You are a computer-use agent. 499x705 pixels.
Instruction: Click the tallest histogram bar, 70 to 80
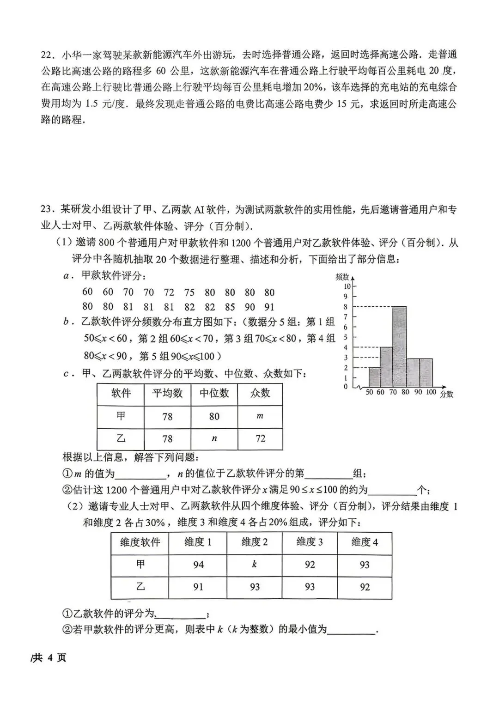click(x=400, y=346)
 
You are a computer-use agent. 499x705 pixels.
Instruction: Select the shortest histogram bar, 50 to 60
click(x=375, y=377)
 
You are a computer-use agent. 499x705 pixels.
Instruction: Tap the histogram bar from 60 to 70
click(x=387, y=367)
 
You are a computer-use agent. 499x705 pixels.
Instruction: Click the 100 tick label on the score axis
click(x=431, y=393)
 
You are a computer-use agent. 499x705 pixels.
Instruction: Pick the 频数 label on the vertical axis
click(x=342, y=277)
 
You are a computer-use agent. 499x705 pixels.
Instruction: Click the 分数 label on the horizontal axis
click(x=446, y=395)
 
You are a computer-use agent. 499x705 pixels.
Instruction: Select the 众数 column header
click(x=260, y=393)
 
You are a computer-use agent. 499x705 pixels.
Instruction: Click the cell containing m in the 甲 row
click(x=260, y=416)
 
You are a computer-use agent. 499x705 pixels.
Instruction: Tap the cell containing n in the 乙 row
click(x=214, y=438)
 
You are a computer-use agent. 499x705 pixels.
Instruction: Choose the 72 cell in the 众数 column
click(x=260, y=438)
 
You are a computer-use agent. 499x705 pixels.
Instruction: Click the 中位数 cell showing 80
click(x=214, y=416)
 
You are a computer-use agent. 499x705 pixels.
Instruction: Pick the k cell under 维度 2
click(x=254, y=565)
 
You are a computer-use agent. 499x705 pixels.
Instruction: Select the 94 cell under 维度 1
click(x=198, y=565)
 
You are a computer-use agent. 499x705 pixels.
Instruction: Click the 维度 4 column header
click(x=365, y=542)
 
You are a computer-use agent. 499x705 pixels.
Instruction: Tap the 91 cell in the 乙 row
click(x=198, y=587)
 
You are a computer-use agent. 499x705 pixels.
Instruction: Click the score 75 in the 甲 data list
click(x=189, y=292)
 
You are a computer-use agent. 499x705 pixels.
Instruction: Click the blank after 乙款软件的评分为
click(x=181, y=614)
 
